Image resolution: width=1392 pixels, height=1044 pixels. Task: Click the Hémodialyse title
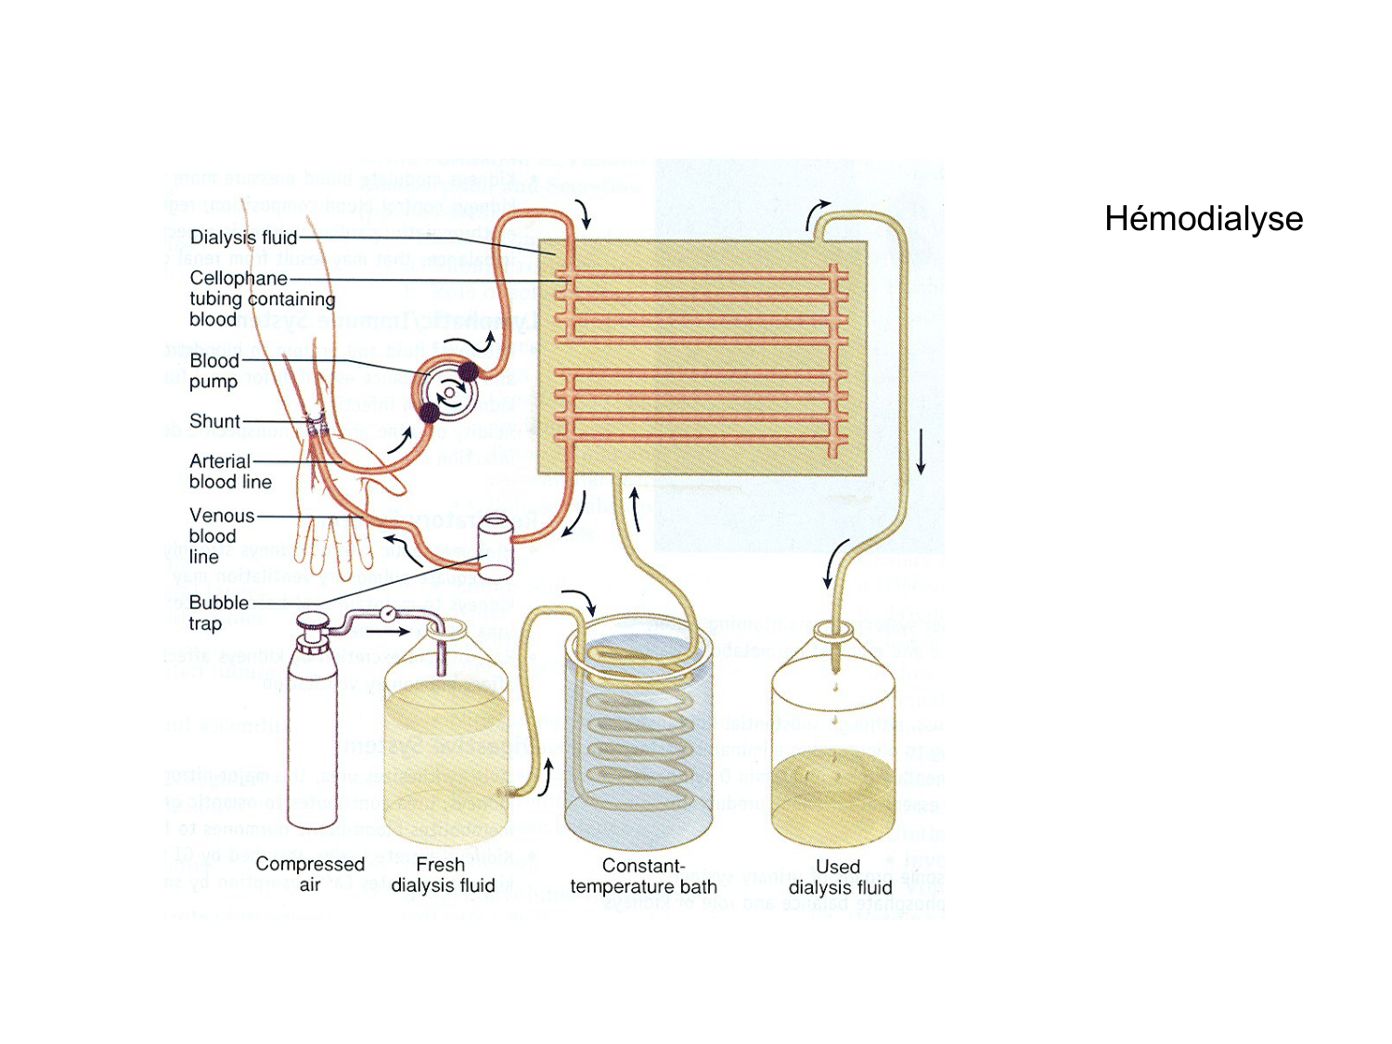click(x=1204, y=219)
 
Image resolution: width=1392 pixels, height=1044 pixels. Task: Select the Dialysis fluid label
click(x=243, y=238)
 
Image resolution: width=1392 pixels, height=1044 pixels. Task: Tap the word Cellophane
click(x=238, y=278)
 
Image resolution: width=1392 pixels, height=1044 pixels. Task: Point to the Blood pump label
click(x=214, y=370)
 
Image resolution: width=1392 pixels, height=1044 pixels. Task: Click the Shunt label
click(x=214, y=421)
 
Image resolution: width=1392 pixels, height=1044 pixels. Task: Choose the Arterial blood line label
click(x=229, y=471)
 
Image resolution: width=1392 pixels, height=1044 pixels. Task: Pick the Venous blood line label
click(x=221, y=535)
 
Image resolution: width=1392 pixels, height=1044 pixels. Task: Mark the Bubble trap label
click(x=218, y=612)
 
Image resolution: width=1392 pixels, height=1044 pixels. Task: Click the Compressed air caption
click(x=310, y=874)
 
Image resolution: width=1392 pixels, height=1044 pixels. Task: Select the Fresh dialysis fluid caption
click(x=443, y=875)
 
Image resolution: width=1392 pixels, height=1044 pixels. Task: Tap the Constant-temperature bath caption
click(x=643, y=876)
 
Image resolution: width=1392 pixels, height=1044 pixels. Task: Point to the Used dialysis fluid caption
click(x=840, y=877)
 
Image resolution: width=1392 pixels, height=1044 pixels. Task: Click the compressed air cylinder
click(x=312, y=733)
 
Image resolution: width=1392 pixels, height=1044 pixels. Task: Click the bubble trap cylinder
click(x=496, y=548)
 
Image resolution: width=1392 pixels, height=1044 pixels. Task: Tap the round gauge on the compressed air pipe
click(x=387, y=612)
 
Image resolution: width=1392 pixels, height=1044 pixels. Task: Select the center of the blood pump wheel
click(x=449, y=392)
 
